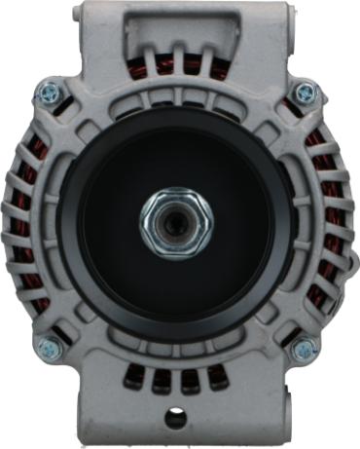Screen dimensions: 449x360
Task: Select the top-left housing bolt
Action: [x=48, y=93]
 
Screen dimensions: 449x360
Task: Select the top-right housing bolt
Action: [x=306, y=93]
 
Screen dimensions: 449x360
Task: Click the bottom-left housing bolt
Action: [x=46, y=346]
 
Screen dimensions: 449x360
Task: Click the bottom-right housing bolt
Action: [x=304, y=349]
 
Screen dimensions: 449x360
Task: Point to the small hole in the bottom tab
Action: [x=176, y=420]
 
